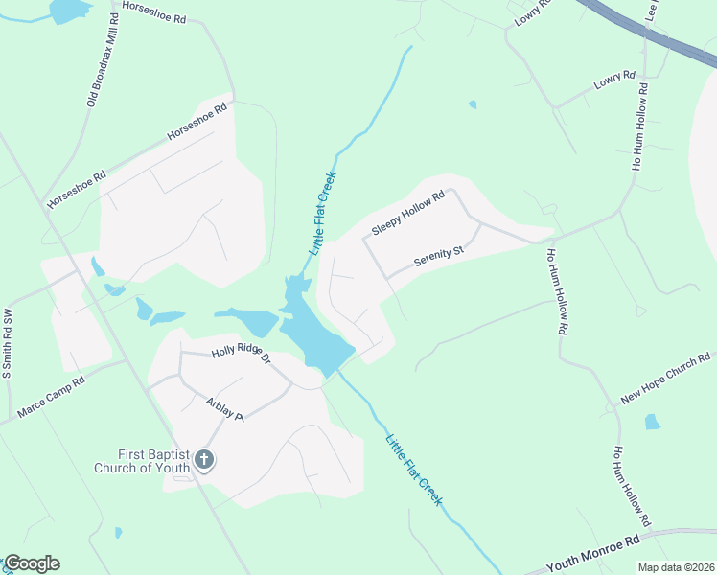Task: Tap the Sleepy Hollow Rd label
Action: coord(408,214)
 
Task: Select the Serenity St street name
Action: coord(438,256)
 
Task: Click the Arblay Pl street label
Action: coord(225,408)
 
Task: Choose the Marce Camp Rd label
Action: coord(51,399)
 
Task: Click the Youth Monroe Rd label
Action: coord(593,555)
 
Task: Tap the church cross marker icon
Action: coord(203,461)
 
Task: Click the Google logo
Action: coord(32,563)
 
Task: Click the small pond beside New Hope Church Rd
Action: coord(652,422)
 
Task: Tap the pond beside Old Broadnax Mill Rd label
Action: coord(69,11)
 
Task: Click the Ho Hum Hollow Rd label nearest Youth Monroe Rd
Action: coord(633,487)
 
